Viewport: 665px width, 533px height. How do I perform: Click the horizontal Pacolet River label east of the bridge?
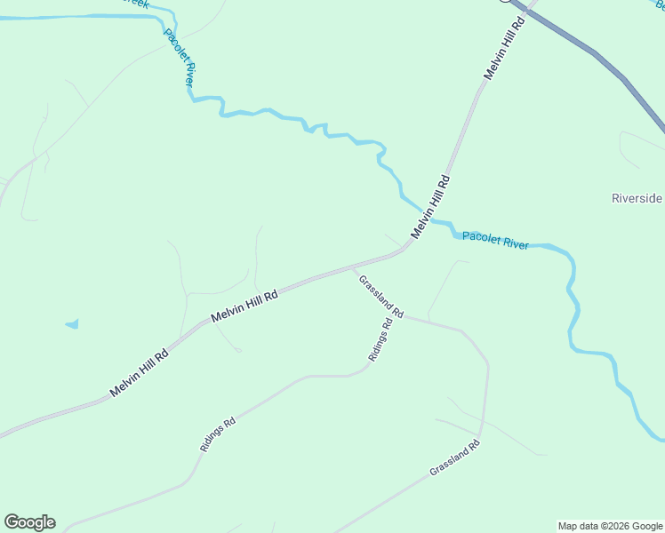click(495, 241)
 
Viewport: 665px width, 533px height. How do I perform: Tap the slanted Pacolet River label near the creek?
click(179, 58)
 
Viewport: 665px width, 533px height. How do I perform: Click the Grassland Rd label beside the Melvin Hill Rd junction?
click(381, 297)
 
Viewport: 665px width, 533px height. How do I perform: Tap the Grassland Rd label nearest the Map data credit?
click(454, 457)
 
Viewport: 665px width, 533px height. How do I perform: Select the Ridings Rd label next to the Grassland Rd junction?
click(381, 339)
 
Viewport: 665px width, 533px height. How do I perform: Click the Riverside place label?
click(637, 198)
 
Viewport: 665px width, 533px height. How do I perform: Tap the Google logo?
click(29, 522)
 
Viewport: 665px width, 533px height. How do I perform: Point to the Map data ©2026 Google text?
click(611, 526)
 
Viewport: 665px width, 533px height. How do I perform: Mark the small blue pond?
click(72, 324)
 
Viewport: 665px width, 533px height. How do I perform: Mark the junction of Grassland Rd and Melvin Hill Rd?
click(353, 266)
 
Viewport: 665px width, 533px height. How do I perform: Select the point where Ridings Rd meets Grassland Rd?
click(395, 316)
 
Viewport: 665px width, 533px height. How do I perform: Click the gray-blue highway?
click(596, 57)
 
